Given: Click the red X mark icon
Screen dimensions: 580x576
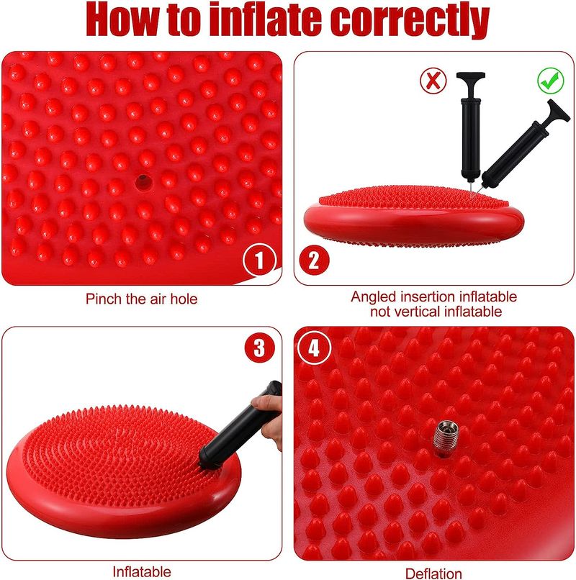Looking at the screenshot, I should click(x=433, y=81).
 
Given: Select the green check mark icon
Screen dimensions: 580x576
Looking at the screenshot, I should click(x=551, y=81).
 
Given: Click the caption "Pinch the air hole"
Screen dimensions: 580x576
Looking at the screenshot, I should click(x=141, y=299).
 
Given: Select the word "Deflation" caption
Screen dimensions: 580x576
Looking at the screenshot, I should click(x=433, y=573).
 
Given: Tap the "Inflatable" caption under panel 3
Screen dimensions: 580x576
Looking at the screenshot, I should click(x=142, y=572).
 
